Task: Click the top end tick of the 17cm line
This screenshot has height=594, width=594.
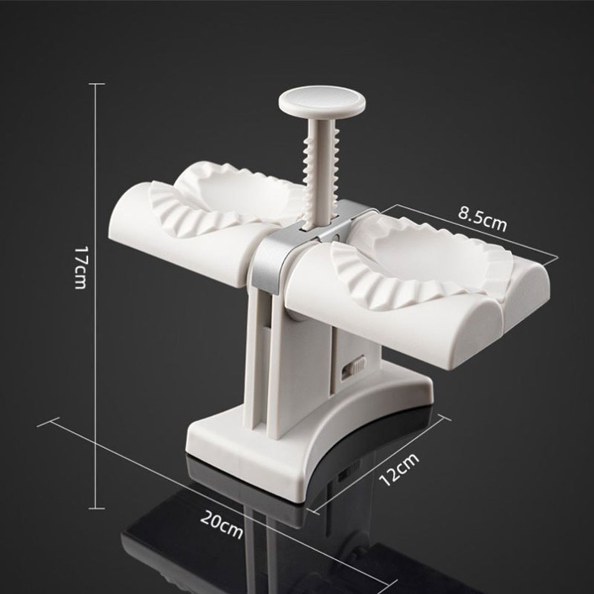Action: [96, 84]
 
